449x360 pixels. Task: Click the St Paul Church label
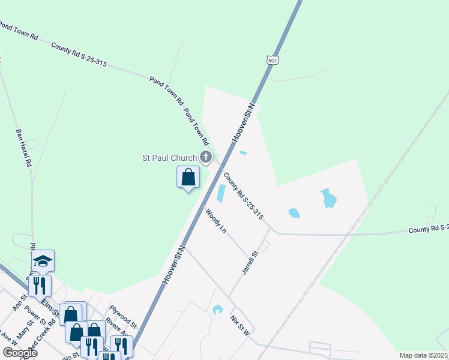[x=169, y=158]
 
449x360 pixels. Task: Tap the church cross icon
[x=206, y=158]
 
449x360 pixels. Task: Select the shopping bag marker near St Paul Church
[x=188, y=178]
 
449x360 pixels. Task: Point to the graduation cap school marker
[x=43, y=261]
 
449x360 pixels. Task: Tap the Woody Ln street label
[x=217, y=221]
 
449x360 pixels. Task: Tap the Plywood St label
[x=123, y=316]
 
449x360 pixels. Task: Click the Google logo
[x=20, y=352]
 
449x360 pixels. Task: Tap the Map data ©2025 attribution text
[x=423, y=355]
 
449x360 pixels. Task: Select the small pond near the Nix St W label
[x=217, y=310]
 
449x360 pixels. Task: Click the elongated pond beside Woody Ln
[x=220, y=193]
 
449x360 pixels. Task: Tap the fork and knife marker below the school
[x=40, y=285]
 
